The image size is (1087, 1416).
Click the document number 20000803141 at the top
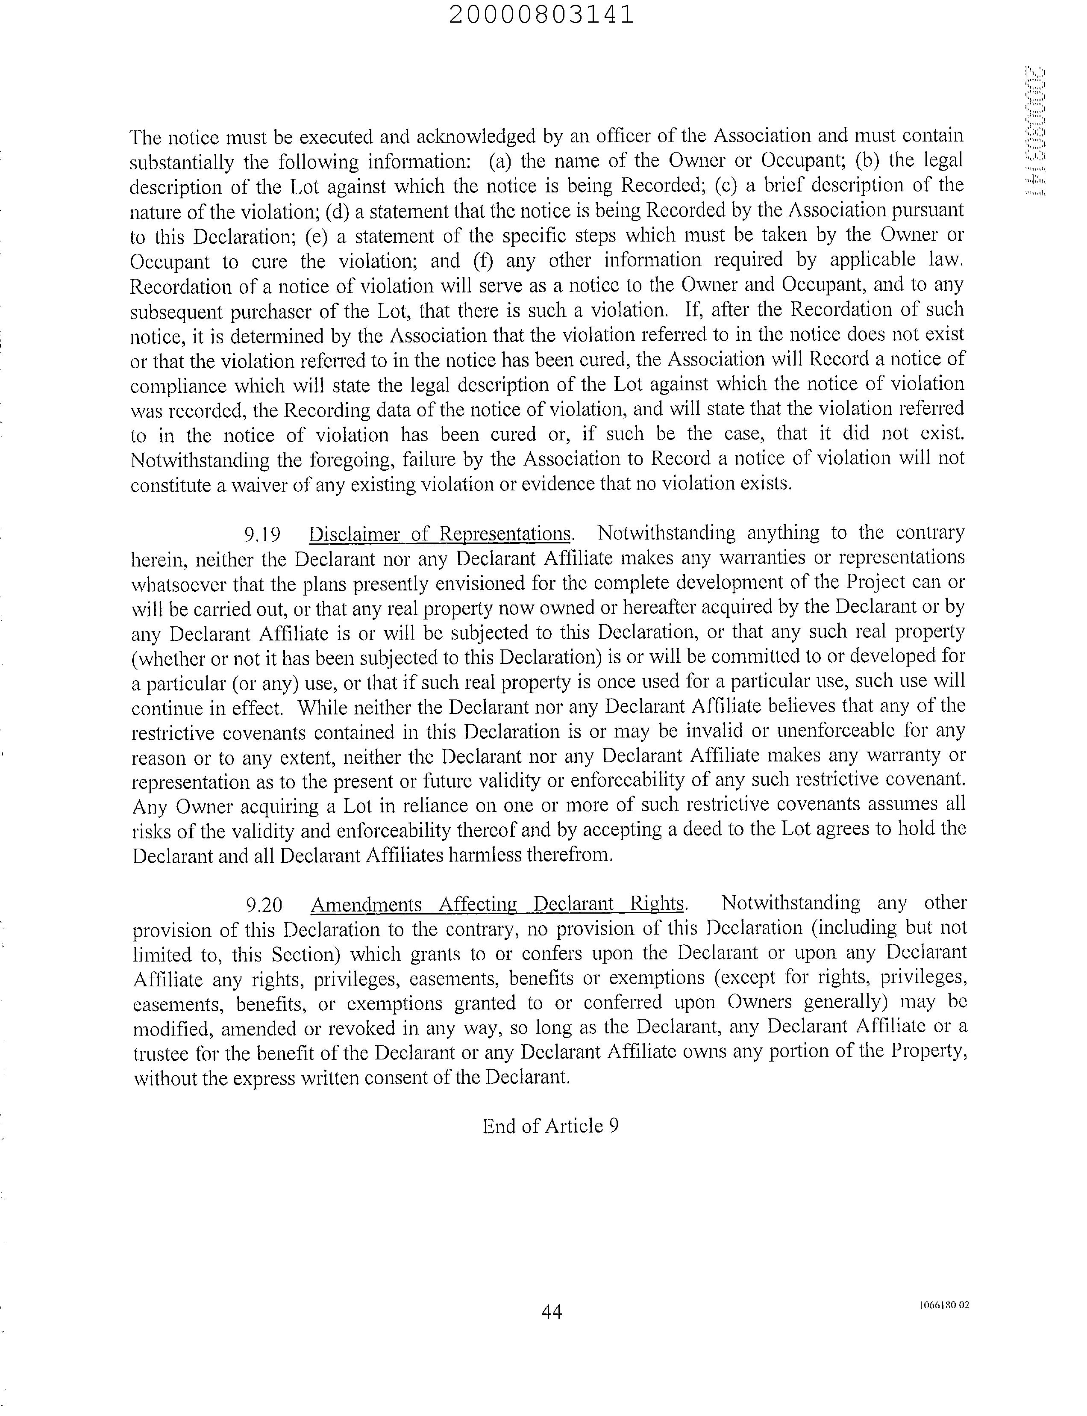tap(541, 15)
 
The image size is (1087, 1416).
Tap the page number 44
tap(551, 1312)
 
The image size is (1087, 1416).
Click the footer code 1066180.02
tap(944, 1305)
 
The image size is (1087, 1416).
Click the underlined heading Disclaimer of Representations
tap(440, 534)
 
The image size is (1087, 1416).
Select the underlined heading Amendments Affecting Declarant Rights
tap(497, 904)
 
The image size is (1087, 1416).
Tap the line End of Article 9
tap(550, 1126)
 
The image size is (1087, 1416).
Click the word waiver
tap(257, 484)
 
